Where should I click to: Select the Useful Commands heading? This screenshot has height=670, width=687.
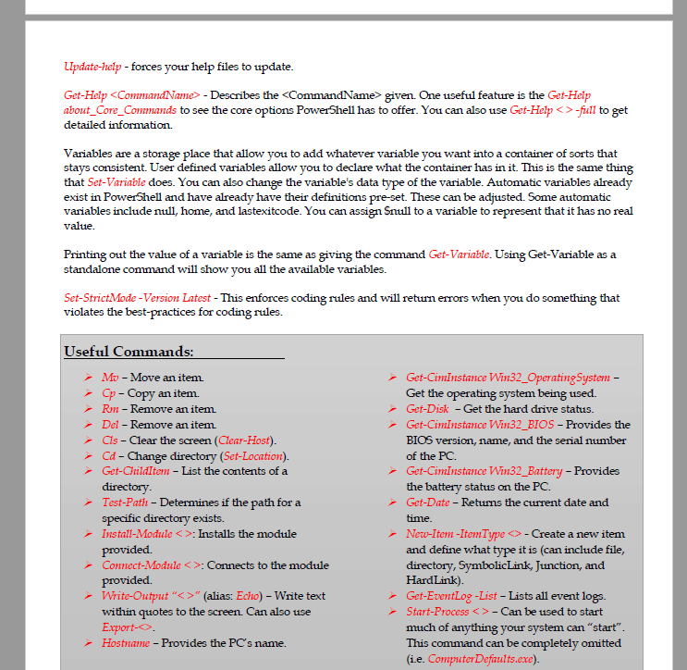coord(129,352)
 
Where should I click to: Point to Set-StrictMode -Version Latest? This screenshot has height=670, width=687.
coord(138,298)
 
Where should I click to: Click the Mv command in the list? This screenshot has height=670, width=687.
coord(110,378)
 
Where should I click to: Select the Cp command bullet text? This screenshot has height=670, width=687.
coord(109,393)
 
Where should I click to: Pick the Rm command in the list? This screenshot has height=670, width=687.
coord(110,409)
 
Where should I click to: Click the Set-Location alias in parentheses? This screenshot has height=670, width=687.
coord(253,456)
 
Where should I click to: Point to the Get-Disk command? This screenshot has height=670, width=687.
coord(427,409)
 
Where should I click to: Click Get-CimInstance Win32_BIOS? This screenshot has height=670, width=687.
coord(480,425)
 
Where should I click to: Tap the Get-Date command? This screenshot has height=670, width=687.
coord(427,502)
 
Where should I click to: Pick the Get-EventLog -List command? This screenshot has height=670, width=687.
coord(451,596)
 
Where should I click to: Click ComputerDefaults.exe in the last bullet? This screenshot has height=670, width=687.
coord(482,658)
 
